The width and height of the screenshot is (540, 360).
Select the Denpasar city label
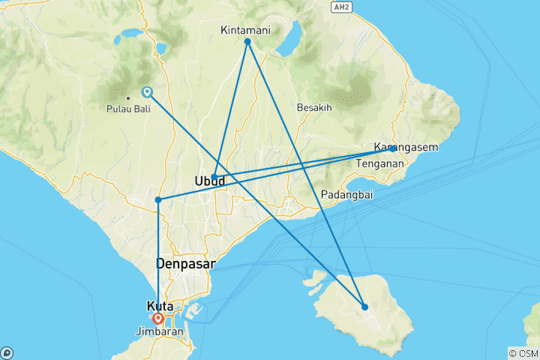click(x=185, y=264)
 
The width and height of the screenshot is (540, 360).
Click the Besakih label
click(x=313, y=107)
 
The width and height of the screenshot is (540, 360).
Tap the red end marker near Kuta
click(x=158, y=318)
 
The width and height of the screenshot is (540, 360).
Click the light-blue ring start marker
click(x=147, y=92)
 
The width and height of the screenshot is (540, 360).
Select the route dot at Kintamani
click(x=247, y=40)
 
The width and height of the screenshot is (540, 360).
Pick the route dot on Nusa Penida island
click(x=364, y=307)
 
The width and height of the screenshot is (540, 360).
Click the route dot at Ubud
click(x=214, y=177)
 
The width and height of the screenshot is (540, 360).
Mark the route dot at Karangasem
click(x=393, y=148)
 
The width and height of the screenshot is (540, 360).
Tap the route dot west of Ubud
click(x=157, y=199)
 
